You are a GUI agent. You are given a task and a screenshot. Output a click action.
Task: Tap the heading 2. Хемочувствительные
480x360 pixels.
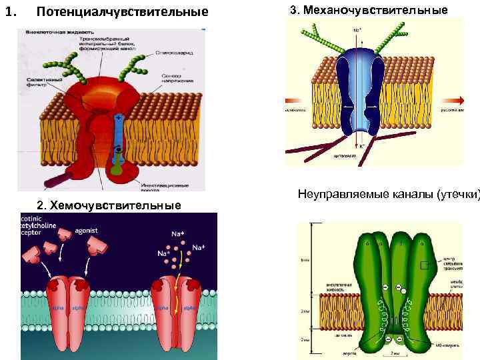click(109, 205)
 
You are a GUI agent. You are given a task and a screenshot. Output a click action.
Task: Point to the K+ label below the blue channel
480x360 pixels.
click(362, 145)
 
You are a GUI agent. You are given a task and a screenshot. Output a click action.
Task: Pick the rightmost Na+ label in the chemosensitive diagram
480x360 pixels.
click(198, 247)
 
